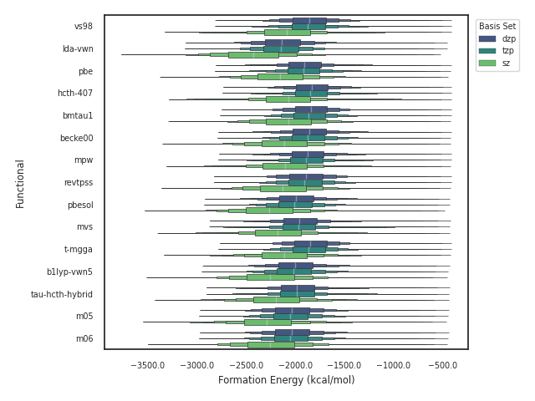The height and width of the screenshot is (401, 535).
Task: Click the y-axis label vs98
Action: click(84, 27)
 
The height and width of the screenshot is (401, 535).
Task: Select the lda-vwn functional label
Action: click(78, 48)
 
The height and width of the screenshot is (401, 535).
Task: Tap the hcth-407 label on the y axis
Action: click(75, 93)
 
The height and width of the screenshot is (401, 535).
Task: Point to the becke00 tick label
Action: click(77, 138)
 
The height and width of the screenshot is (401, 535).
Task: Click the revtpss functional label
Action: click(79, 182)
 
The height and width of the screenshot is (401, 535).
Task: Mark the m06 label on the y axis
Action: click(84, 338)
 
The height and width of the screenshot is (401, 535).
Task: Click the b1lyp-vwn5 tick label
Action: click(69, 272)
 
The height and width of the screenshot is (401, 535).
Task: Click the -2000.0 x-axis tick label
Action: click(296, 365)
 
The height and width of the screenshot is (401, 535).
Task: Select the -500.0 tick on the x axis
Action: click(443, 365)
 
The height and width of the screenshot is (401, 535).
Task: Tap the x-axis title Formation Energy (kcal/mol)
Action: click(286, 380)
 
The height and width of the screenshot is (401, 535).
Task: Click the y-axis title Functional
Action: click(20, 183)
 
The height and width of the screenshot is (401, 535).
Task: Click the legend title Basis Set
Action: click(497, 26)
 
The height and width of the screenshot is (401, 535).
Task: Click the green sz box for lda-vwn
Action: click(253, 55)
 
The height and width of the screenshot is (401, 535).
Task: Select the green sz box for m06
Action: click(271, 344)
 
